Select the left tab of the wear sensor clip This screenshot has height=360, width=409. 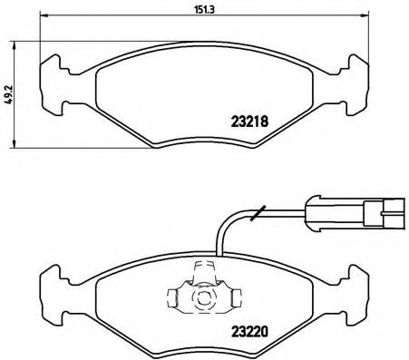click(175, 296)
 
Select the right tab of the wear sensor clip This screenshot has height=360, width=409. click(233, 296)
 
